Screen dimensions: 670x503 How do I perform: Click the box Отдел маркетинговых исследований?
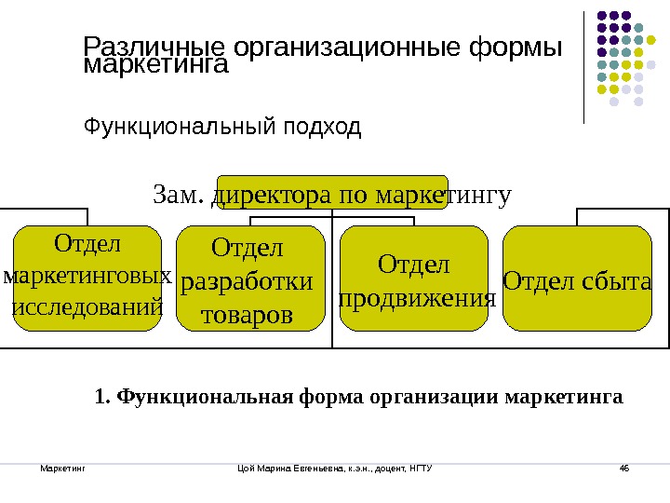[x=87, y=277]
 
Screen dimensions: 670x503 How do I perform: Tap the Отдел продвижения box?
[x=415, y=279]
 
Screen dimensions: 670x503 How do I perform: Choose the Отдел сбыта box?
[x=578, y=279]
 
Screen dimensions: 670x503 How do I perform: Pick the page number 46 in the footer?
[x=624, y=466]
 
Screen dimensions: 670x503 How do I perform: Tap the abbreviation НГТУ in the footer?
[x=422, y=466]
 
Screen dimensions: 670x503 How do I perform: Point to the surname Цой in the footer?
[x=248, y=466]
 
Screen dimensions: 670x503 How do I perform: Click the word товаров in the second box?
[x=247, y=315]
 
